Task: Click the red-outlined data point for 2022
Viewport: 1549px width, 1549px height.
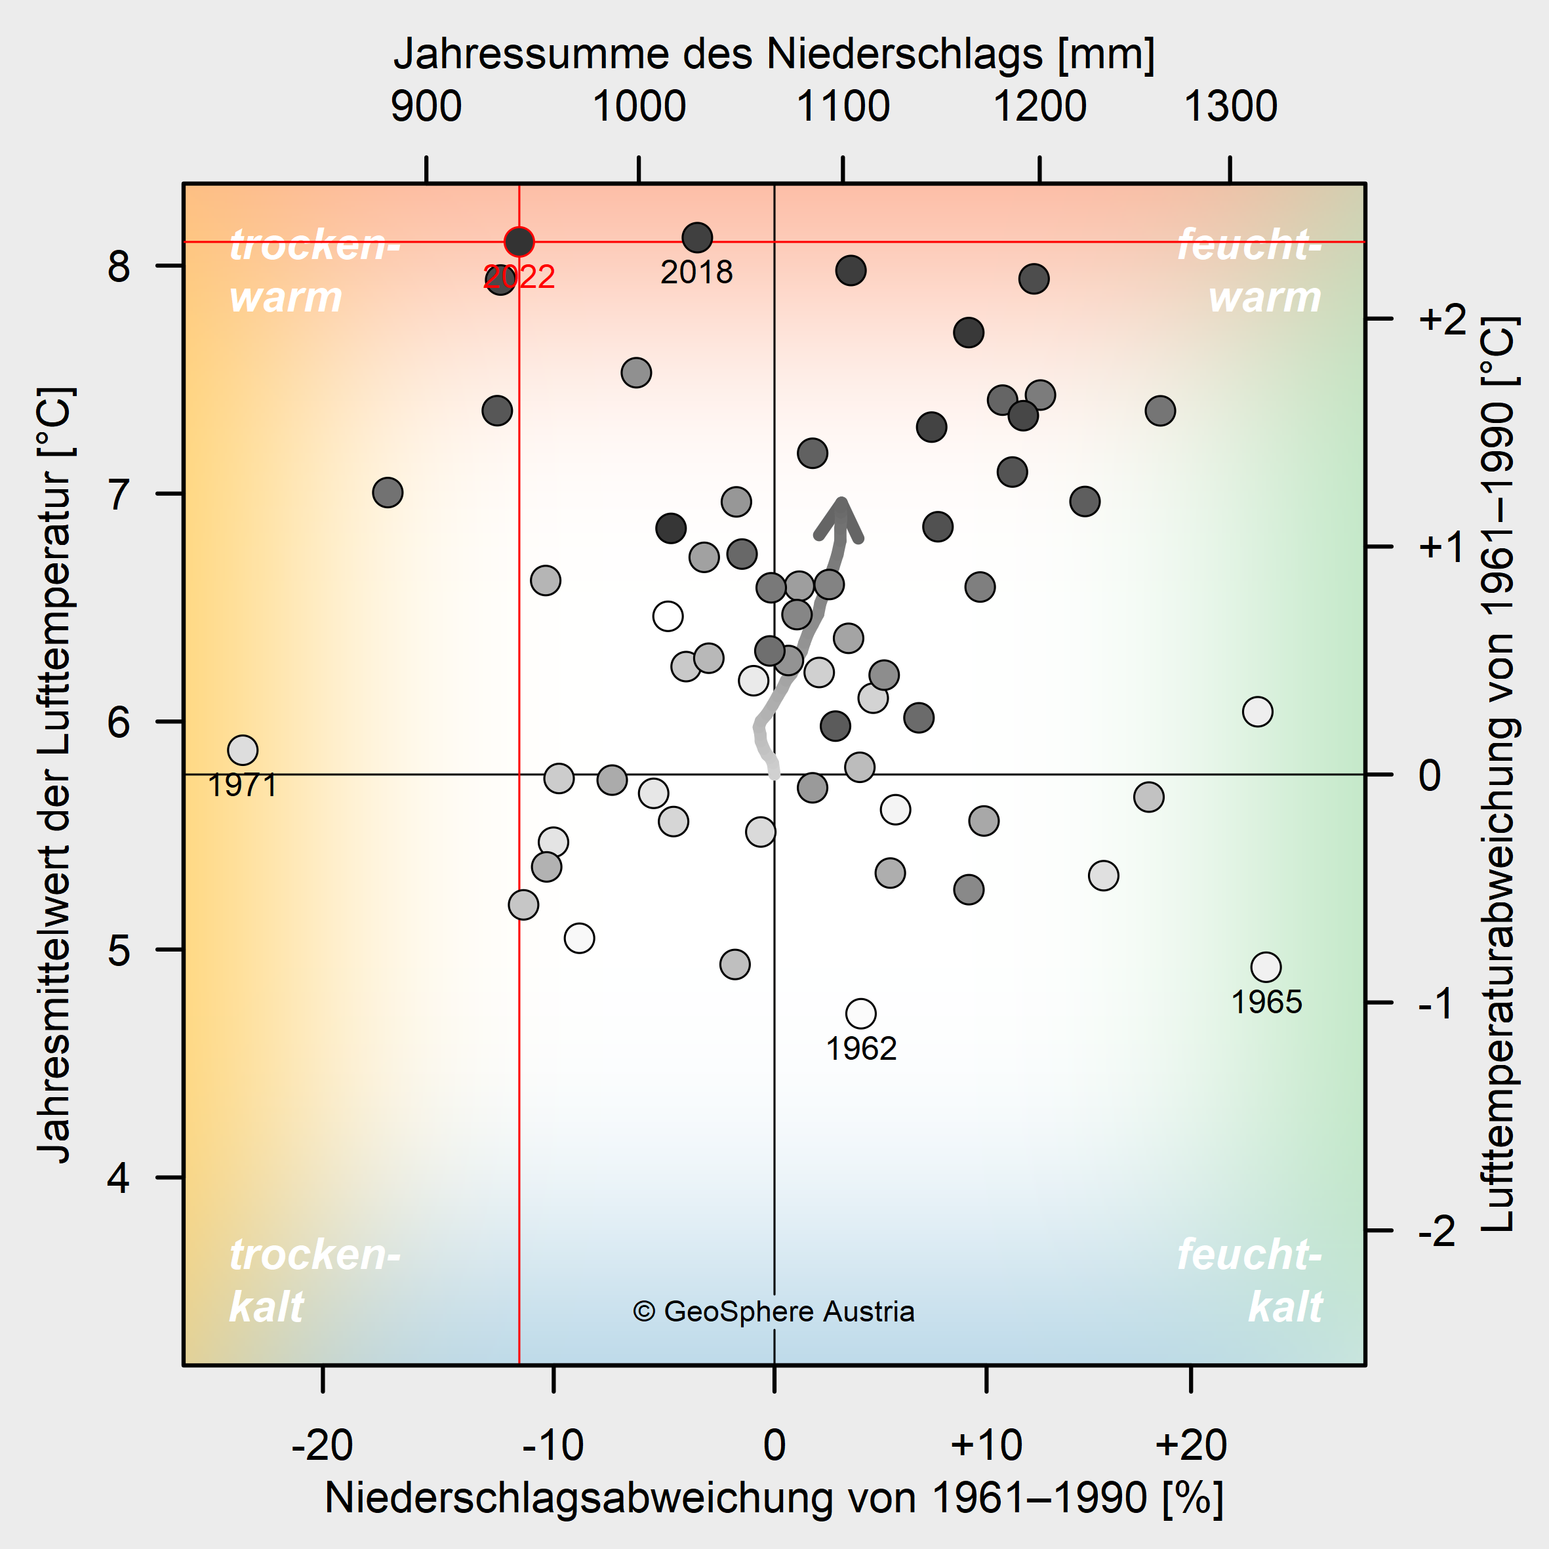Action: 519,241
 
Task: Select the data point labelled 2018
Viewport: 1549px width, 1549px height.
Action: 698,237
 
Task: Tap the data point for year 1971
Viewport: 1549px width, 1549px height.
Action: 242,750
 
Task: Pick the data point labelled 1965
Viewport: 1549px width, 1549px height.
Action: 1266,967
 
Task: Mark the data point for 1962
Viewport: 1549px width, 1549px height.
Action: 861,1013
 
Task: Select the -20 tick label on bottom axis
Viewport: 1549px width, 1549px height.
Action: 322,1445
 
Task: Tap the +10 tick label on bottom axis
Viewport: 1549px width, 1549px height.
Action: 986,1445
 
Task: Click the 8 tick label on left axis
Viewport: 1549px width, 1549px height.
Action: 119,266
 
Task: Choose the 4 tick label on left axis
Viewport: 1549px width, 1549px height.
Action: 119,1178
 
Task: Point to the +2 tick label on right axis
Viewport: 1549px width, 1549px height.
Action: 1441,319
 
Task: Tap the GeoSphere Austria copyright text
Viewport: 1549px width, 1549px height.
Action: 774,1311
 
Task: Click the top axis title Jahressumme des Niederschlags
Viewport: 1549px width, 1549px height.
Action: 774,54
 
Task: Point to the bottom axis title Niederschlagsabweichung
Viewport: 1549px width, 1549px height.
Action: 774,1497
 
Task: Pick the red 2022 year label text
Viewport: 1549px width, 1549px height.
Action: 519,277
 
